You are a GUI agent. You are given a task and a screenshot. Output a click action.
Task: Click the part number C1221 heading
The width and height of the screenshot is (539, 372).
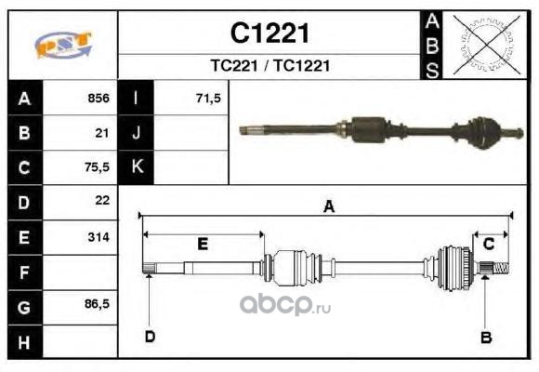pos(269,33)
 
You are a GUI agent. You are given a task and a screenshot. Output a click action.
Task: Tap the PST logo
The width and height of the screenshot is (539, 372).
pos(63,45)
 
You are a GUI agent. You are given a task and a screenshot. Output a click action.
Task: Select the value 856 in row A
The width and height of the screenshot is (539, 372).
pos(99,98)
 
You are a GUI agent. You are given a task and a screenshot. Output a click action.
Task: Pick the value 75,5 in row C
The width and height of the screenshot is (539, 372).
pos(97,166)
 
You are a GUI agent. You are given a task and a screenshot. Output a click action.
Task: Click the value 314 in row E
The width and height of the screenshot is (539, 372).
pos(99,237)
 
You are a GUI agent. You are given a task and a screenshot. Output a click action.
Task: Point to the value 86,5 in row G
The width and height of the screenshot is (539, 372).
pos(97,303)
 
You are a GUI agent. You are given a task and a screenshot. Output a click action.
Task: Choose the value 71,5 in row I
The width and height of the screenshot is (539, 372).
pos(209,98)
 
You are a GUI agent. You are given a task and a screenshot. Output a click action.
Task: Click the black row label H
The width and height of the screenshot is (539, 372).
pos(25,342)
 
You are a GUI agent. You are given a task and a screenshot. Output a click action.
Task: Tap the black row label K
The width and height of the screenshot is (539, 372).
pos(136,166)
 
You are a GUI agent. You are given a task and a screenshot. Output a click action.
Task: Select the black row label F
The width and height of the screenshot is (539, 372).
pos(25,272)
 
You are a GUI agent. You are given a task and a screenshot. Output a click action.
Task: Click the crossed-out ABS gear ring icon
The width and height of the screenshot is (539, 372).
pos(485,45)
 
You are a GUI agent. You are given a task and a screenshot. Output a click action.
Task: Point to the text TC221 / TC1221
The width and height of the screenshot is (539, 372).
pos(270,66)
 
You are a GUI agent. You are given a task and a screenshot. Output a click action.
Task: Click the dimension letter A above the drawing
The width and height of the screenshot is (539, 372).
pos(329,206)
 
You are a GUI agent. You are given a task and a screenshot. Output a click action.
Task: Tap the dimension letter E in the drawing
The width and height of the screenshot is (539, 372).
pos(203,245)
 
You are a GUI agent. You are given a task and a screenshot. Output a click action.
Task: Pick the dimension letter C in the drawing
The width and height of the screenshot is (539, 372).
pos(489,244)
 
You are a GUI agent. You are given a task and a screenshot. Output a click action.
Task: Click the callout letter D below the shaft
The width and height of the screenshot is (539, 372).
pos(151,337)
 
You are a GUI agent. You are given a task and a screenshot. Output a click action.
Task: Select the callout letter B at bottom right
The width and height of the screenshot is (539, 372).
pos(486,338)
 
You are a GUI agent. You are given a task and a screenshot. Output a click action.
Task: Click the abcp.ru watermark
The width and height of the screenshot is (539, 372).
pos(285,304)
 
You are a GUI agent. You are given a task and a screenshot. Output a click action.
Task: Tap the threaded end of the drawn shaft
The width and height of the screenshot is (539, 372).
pos(501,268)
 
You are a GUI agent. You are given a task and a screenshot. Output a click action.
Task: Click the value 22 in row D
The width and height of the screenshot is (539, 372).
pos(102,200)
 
